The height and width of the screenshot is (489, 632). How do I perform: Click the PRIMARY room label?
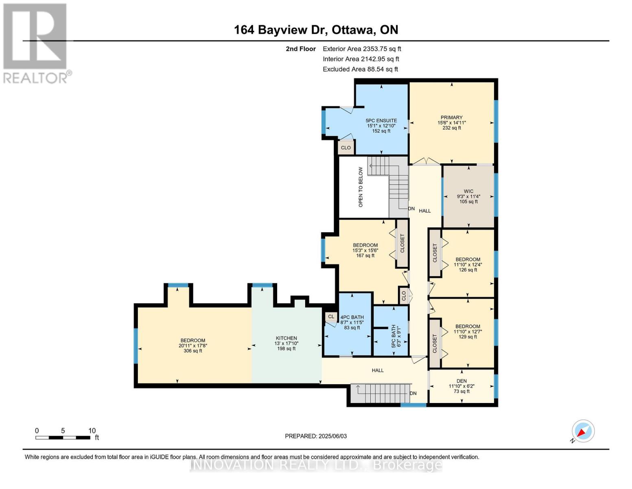pos(451,117)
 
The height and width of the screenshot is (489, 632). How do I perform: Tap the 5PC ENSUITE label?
pos(381,121)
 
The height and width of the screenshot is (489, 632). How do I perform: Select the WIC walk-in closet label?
pos(468,191)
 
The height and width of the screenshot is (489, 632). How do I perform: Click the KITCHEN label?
pos(286,338)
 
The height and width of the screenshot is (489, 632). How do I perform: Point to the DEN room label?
pos(461,381)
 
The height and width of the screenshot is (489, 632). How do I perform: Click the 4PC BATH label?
pos(352,317)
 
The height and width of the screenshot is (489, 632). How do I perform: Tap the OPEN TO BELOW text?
pos(361,187)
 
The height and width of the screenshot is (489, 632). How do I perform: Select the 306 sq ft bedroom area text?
pos(193,351)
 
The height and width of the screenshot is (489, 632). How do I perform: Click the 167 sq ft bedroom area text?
pos(365,256)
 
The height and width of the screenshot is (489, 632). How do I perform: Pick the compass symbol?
pos(583,431)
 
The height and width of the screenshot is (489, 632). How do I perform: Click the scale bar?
pos(63,438)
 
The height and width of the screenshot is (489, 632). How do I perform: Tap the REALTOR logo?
pos(36,43)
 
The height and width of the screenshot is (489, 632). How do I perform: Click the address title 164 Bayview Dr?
pos(316,30)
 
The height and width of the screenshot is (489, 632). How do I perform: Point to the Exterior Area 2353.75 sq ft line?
pos(362,48)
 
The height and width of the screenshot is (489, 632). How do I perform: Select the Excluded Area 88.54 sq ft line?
pos(360,69)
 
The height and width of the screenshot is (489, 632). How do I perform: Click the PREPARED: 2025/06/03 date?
pos(316,436)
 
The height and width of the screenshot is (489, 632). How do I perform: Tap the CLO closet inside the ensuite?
pos(346,148)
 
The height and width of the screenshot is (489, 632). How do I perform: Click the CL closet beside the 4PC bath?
pos(331,317)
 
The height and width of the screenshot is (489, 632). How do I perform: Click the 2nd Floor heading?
pos(301,49)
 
